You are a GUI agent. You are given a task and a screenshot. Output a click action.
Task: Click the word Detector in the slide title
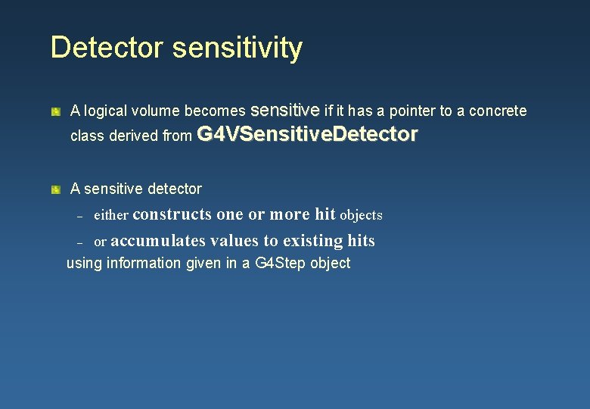pyautogui.click(x=106, y=48)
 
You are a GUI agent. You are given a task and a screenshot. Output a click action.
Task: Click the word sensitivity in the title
pyautogui.click(x=237, y=48)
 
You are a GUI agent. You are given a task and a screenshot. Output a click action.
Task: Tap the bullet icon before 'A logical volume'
pyautogui.click(x=56, y=111)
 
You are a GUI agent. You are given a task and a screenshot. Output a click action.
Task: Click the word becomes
pyautogui.click(x=215, y=111)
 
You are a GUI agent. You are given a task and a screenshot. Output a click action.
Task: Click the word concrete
pyautogui.click(x=498, y=111)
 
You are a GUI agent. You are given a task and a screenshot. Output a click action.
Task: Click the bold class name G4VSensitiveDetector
pyautogui.click(x=306, y=135)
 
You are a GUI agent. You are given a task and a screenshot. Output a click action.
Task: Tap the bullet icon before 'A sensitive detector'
pyautogui.click(x=56, y=189)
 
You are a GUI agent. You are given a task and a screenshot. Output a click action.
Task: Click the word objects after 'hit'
pyautogui.click(x=361, y=216)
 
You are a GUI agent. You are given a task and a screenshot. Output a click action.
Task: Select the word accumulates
pyautogui.click(x=157, y=241)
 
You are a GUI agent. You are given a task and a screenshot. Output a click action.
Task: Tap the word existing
pyautogui.click(x=313, y=241)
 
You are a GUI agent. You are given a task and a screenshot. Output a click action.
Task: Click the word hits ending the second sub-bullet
pyautogui.click(x=361, y=241)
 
